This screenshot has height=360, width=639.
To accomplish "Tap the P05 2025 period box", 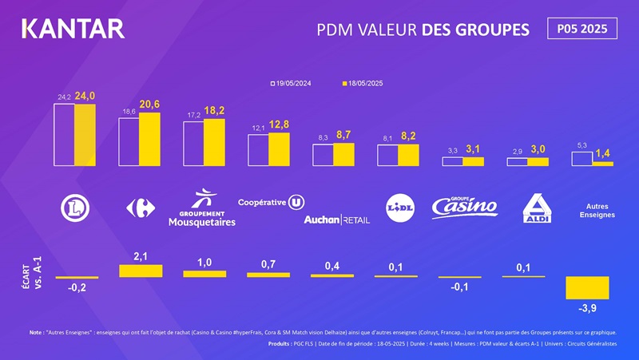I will pos(583,29).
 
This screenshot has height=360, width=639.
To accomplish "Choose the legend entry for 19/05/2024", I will pos(295,83).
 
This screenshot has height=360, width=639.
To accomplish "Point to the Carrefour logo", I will pos(140,208).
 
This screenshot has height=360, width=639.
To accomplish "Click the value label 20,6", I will pos(150,105).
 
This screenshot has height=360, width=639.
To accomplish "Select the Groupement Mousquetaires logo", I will pos(202,208).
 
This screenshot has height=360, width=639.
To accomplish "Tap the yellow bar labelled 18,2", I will pos(214,142).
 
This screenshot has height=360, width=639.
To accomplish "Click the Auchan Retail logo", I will pos(336,219).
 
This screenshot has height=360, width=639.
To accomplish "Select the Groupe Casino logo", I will pos(464,207).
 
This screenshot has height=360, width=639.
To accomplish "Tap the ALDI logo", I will pos(535,208).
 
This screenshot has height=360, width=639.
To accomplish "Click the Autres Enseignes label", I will pos(592,211).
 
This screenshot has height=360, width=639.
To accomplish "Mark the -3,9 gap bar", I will pos(587,287).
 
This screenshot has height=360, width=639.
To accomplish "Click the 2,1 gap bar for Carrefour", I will pos(141,271).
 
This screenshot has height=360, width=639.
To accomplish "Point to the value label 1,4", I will pos(602,152).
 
